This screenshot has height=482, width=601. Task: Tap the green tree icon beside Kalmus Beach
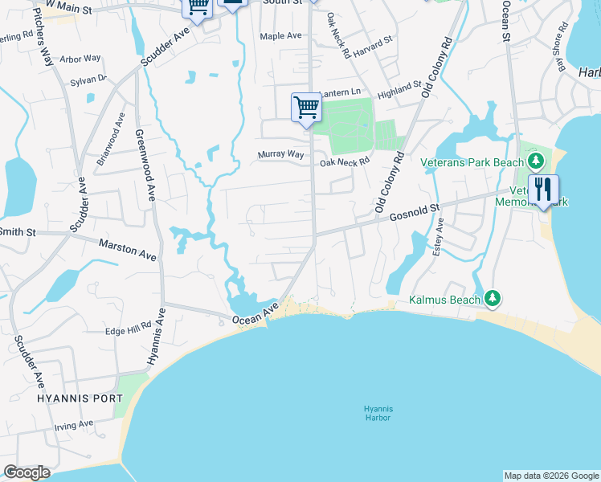coord(492,300)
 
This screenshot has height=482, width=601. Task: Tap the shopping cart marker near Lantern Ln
coord(306,107)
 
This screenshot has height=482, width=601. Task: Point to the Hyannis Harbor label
coord(377,413)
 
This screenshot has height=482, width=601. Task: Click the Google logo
coord(27,472)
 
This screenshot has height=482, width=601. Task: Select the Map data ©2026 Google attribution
coord(550,476)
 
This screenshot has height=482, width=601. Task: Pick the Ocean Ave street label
coord(256,314)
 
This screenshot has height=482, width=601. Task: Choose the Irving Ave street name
coord(74,424)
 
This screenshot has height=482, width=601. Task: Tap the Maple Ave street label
coord(280,36)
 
